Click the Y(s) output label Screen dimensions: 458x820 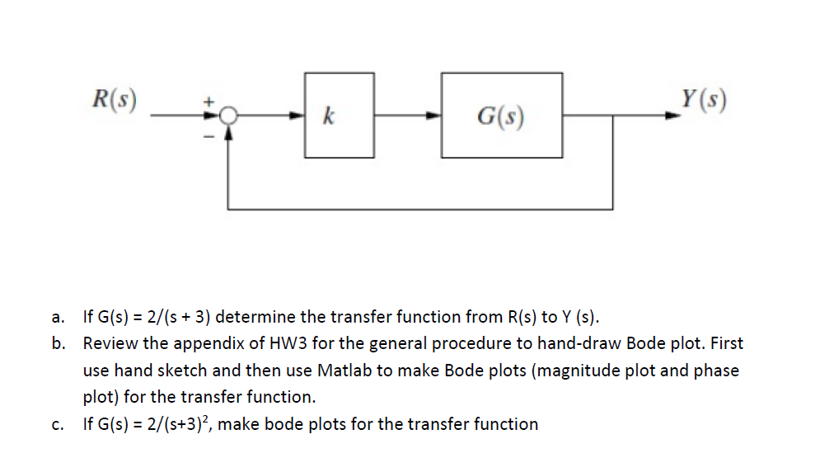click(x=704, y=99)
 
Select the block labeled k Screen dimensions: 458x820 click(x=339, y=116)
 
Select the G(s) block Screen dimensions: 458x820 click(x=502, y=116)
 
